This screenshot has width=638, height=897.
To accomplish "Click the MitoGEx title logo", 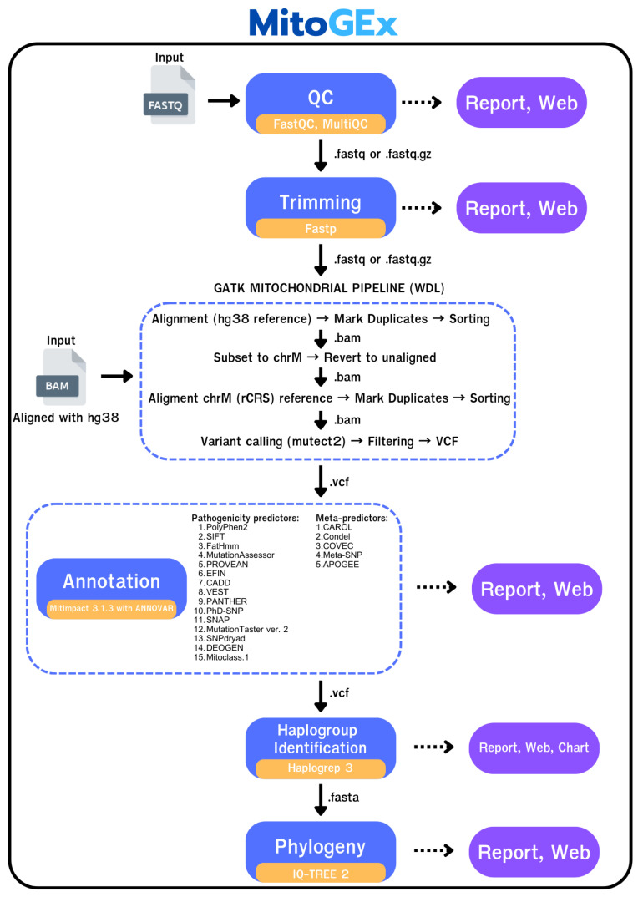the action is point(322,23).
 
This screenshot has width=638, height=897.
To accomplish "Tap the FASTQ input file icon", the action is point(169,95).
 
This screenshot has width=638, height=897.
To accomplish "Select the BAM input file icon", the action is point(61,377).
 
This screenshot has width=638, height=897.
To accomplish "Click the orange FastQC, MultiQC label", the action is point(321,124).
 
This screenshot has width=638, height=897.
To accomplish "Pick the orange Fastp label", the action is point(321,228).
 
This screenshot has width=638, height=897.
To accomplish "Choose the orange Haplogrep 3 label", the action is point(321,768).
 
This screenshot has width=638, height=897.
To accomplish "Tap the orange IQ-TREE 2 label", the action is point(321,873).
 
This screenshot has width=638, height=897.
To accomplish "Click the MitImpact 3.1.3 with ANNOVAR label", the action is point(112,608).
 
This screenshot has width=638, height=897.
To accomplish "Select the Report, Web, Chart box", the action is point(534,747).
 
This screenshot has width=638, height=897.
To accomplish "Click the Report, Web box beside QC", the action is point(521,103).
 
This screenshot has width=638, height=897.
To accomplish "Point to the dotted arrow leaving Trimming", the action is point(422,208).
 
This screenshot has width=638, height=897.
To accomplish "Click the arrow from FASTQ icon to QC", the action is point(224,101).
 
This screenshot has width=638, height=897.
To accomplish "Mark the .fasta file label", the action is point(343,797).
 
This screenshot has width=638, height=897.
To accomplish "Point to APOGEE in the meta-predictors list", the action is point(341,565).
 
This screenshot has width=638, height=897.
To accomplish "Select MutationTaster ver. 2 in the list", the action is point(247,629).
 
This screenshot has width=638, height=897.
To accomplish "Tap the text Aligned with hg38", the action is point(66,418).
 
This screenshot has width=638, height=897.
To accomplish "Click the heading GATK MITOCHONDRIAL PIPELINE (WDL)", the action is point(329,288).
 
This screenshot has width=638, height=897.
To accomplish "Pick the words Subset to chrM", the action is point(257,357).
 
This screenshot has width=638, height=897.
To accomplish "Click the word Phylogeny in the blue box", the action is point(320,847).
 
